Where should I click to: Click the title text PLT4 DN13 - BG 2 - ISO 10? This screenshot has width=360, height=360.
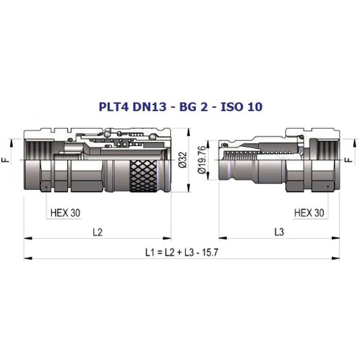click(x=181, y=107)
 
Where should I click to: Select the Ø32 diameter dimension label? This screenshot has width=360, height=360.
click(x=183, y=160)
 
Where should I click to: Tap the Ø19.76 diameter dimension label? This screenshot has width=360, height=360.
click(x=202, y=160)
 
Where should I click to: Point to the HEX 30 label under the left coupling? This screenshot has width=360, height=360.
click(x=65, y=213)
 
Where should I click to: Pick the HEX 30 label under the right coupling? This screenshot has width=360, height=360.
click(x=309, y=213)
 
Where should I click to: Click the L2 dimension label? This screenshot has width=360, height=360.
click(x=98, y=232)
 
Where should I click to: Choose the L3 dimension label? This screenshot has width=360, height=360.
click(x=279, y=232)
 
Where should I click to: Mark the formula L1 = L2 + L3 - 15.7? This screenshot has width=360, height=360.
click(x=182, y=253)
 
